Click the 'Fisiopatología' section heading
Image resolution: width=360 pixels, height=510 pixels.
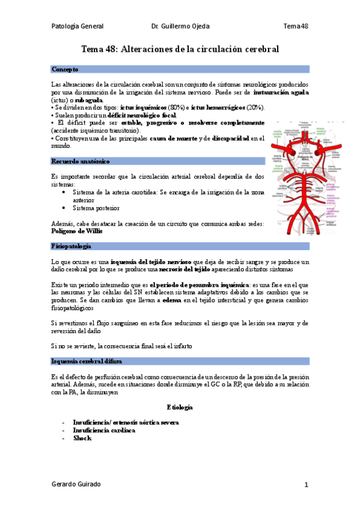tap(72, 247)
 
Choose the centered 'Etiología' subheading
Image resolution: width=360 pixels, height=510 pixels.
tap(180, 407)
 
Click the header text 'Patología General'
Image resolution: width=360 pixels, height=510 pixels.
tap(78, 26)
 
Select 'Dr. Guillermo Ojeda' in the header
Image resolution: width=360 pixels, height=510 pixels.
tap(180, 26)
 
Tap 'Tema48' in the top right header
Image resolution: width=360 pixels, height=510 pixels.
tap(296, 26)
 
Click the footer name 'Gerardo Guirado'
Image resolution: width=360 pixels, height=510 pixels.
tap(76, 484)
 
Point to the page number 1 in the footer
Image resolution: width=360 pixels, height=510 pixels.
tap(306, 485)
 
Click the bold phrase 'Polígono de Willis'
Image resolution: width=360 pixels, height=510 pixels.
tap(77, 231)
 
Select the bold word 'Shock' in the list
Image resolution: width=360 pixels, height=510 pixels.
tap(82, 438)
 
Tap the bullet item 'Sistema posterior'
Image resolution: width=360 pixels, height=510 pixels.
tap(96, 208)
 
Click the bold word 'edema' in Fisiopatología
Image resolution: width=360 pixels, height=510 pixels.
tap(171, 299)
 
